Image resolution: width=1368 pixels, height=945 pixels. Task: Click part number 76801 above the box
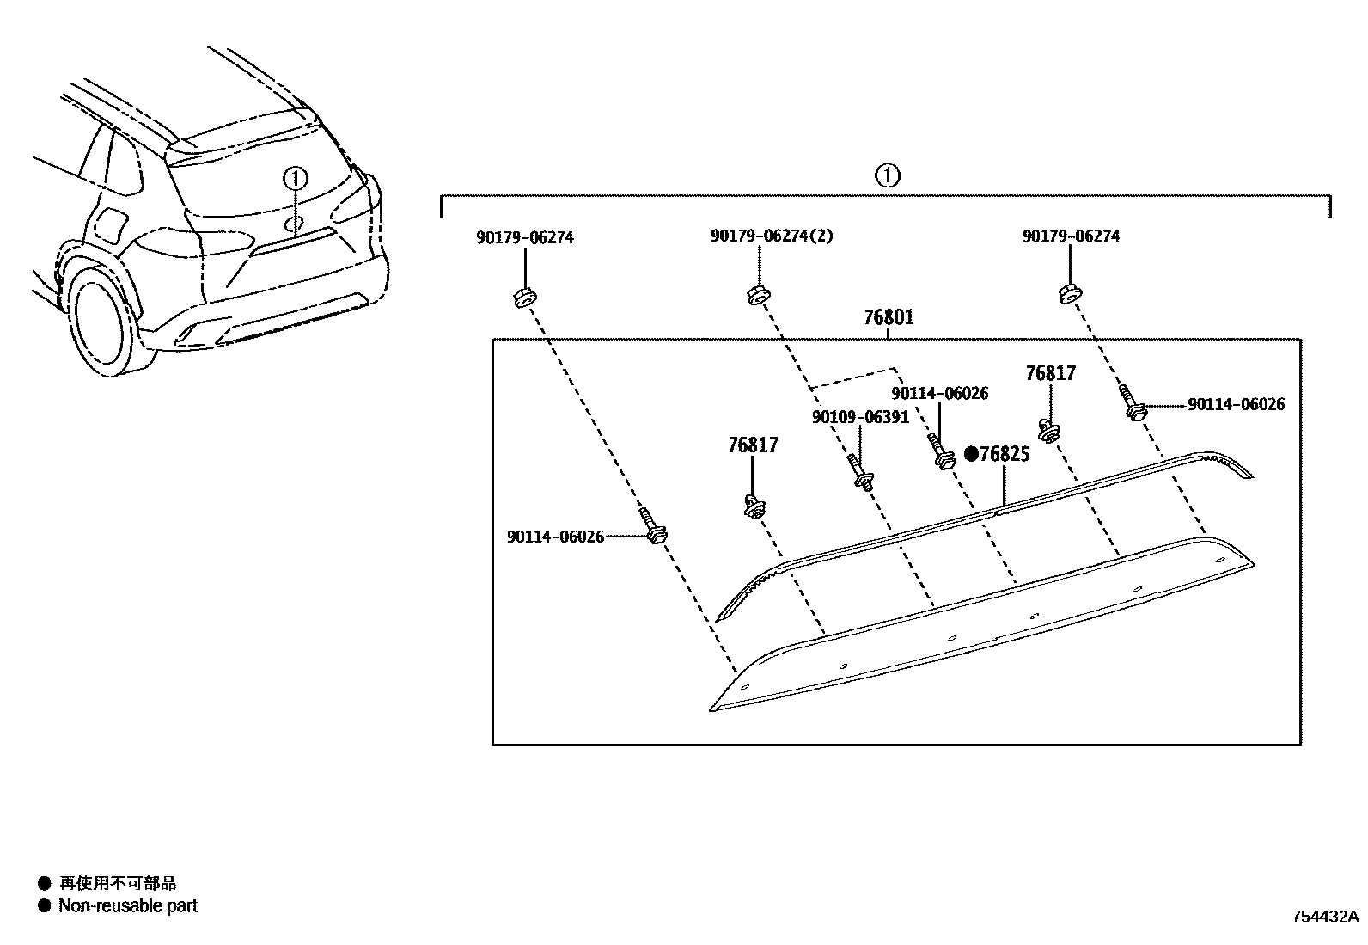point(889,318)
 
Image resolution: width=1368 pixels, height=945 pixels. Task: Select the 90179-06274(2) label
point(771,236)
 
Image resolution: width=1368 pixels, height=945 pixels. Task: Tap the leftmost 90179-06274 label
point(524,237)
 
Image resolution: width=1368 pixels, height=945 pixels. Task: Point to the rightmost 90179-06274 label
point(1071,236)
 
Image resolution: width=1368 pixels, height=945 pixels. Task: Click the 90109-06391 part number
point(859,417)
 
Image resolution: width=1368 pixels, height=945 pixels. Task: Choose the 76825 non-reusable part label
point(1004,454)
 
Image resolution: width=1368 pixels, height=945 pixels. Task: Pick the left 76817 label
point(753,445)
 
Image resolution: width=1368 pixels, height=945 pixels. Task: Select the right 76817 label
point(1050,373)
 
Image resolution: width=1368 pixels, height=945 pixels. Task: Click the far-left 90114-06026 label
point(555,537)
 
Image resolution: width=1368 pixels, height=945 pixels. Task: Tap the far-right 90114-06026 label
point(1237,404)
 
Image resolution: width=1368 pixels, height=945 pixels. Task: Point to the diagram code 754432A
point(1323,916)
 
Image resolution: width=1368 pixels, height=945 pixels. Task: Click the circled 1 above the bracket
point(887,176)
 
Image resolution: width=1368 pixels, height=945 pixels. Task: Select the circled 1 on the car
point(295,179)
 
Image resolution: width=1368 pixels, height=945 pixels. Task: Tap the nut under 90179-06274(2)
point(757,294)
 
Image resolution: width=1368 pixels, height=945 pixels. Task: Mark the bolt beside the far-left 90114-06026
point(653,526)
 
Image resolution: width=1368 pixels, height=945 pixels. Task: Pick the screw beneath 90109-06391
point(861,473)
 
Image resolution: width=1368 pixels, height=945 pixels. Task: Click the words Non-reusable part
point(127,905)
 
